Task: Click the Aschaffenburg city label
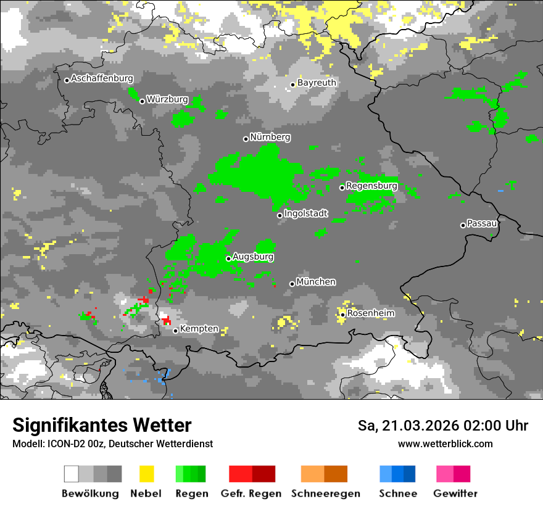102,79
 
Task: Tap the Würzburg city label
167,100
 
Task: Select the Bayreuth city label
317,83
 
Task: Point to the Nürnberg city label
270,137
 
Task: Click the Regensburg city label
371,186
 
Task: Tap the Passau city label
483,223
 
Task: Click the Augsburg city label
253,257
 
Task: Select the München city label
316,282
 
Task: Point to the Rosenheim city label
371,313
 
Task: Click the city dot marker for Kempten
176,331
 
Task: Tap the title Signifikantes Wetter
102,426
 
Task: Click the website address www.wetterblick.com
445,444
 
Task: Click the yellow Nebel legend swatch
146,474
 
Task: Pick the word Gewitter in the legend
455,493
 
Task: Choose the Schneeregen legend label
325,493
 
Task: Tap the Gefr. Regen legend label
251,493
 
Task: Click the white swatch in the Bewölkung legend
72,474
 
